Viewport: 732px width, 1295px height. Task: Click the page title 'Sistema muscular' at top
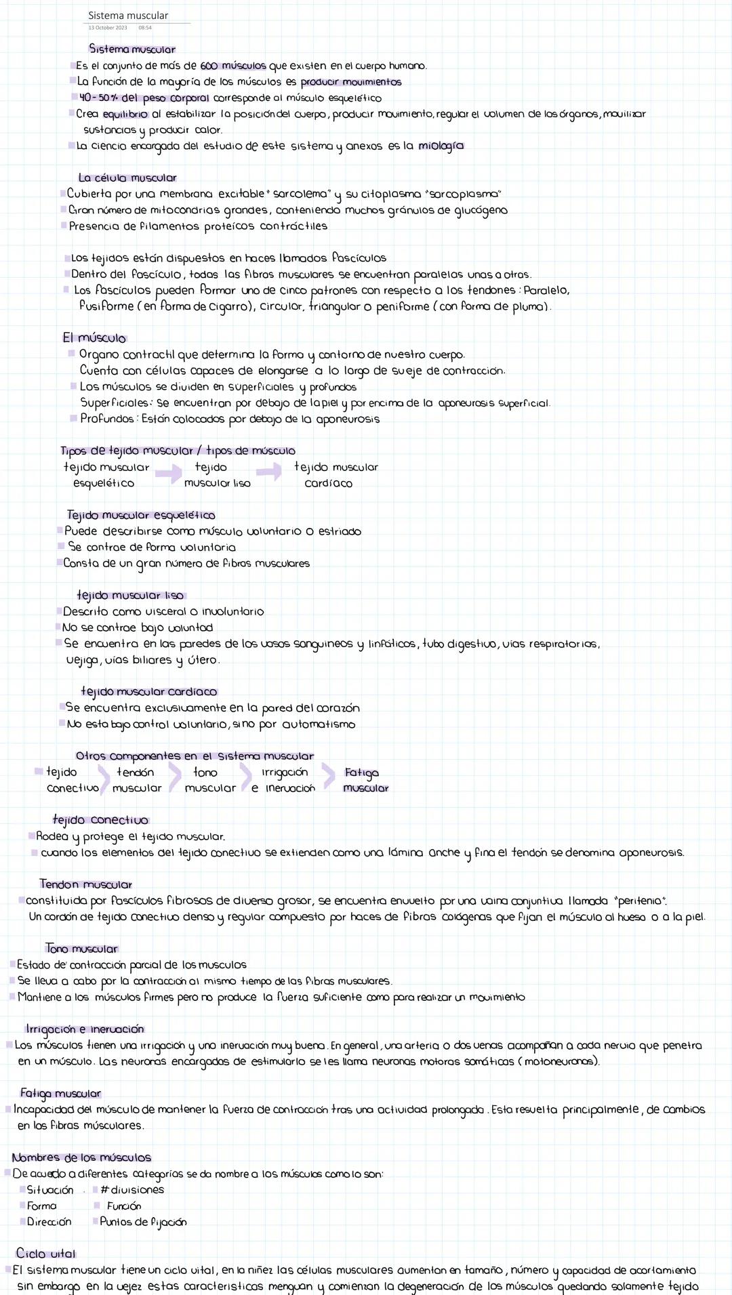(x=128, y=15)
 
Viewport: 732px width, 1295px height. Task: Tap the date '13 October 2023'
(x=107, y=28)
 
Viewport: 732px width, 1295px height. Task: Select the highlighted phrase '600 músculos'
(x=233, y=66)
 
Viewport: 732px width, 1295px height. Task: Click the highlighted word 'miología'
(x=441, y=146)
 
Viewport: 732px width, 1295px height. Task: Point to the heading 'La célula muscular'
(x=127, y=178)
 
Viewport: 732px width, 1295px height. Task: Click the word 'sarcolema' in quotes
(x=300, y=194)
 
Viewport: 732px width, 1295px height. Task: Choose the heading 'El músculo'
(x=94, y=337)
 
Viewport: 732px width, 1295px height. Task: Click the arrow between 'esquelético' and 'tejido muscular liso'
(x=168, y=474)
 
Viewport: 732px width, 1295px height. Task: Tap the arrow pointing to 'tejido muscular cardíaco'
(x=268, y=472)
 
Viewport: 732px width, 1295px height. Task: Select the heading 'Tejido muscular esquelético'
(x=141, y=515)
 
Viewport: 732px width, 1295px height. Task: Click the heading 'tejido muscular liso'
(x=130, y=595)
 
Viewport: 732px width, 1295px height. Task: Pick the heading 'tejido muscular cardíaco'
(x=149, y=691)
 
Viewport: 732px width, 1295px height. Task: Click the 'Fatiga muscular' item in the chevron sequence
(x=365, y=780)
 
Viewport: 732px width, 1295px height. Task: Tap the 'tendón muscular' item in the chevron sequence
(x=137, y=780)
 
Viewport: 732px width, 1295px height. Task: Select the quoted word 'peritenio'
(x=640, y=901)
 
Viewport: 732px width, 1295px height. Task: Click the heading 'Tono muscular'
(x=82, y=949)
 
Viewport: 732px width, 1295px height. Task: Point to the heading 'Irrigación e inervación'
(x=85, y=1029)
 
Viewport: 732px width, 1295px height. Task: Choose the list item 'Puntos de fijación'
(x=143, y=1222)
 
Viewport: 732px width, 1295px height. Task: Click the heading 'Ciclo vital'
(x=45, y=1253)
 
